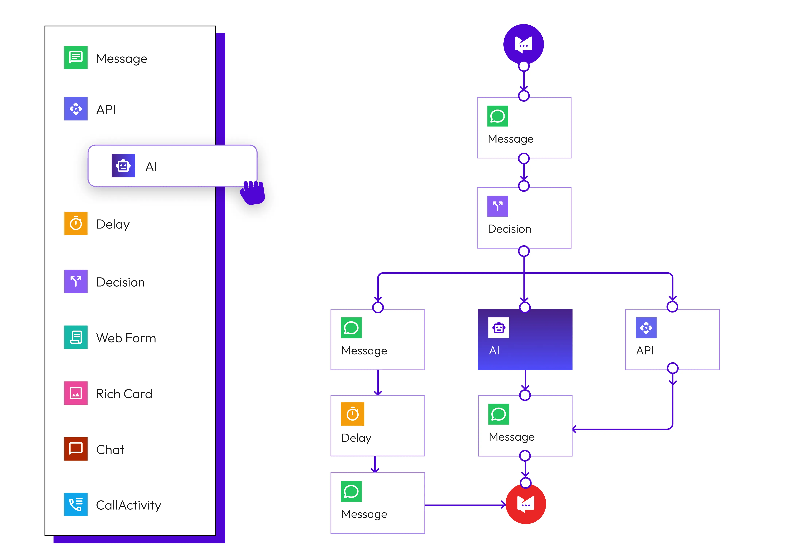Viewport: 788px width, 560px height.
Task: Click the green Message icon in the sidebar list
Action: [76, 57]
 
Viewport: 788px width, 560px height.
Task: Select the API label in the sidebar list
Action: [106, 110]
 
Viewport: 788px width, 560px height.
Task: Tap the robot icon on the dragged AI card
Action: [123, 166]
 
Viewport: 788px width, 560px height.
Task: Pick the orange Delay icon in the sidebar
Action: [76, 223]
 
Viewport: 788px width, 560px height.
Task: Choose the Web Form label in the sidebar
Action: [126, 338]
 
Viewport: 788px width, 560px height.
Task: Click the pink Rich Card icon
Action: [76, 393]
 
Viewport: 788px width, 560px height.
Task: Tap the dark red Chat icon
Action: [76, 449]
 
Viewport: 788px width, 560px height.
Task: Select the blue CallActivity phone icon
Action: [76, 505]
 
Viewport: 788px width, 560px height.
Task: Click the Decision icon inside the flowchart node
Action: [498, 206]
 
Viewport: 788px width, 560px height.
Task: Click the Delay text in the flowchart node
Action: [356, 438]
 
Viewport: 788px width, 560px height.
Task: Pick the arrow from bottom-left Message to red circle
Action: [465, 505]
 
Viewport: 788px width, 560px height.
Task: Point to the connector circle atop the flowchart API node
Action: [672, 306]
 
